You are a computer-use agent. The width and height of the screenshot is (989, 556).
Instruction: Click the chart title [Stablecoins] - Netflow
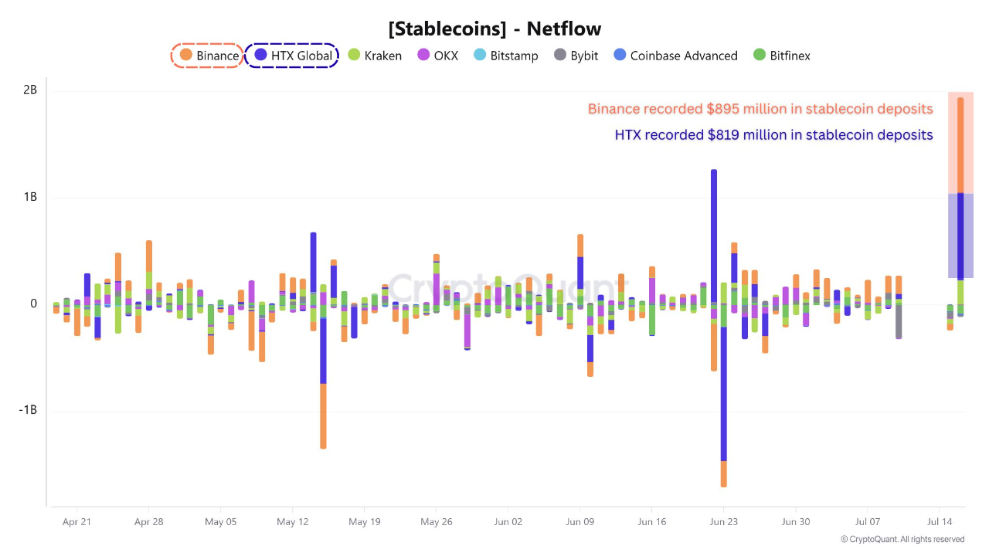(494, 29)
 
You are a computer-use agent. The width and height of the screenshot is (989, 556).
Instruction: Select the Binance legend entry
(209, 56)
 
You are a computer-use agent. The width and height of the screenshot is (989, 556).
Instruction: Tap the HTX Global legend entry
(293, 56)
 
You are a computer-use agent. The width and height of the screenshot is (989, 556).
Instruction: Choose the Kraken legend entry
(375, 56)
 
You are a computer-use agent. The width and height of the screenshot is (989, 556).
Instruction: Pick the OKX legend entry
(437, 56)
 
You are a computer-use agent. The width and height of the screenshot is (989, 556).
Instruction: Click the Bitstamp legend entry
(505, 56)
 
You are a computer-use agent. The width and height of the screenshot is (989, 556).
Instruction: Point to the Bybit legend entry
(576, 56)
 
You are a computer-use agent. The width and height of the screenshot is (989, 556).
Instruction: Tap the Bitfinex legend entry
(781, 56)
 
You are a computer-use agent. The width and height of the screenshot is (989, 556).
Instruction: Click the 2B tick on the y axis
(30, 90)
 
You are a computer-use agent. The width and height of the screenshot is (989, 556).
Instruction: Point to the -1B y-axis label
(29, 410)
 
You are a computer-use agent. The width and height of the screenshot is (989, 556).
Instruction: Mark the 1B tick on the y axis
(30, 198)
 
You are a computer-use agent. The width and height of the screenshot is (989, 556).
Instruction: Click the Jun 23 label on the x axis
(723, 522)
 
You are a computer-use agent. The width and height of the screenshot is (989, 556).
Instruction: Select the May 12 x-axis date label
(292, 522)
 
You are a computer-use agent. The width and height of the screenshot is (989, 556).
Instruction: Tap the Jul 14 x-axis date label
(940, 522)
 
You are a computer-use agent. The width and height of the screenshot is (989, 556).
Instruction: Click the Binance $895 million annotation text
(760, 109)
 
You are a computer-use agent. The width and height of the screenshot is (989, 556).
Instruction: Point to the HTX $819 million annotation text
(773, 135)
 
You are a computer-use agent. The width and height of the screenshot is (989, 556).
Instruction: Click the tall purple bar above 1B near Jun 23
(714, 232)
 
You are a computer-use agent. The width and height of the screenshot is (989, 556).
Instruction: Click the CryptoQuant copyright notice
(902, 539)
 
